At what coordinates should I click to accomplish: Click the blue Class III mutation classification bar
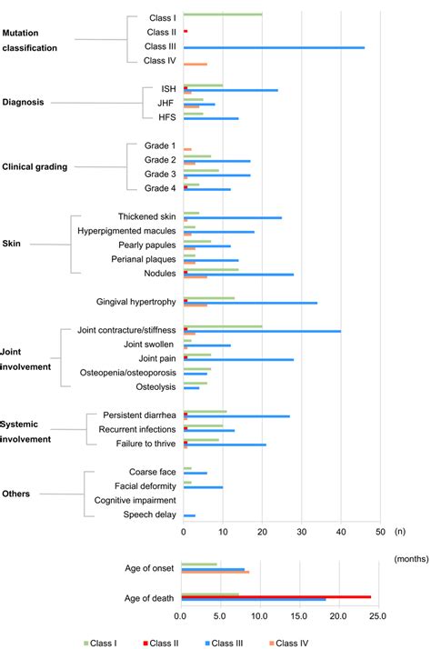[x=274, y=47]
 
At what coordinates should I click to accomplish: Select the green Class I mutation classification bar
[x=223, y=15]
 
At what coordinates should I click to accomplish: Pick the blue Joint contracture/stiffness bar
[x=262, y=331]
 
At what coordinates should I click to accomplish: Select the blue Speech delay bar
[x=189, y=515]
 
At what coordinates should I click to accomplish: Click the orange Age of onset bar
[x=215, y=573]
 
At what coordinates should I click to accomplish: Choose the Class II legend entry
[x=165, y=643]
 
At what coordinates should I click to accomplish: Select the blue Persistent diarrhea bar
[x=236, y=416]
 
